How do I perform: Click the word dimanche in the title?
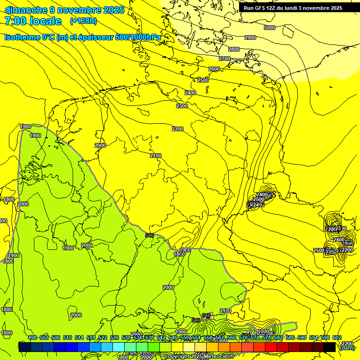point(26,10)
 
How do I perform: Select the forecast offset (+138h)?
point(83,21)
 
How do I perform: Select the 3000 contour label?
point(270,28)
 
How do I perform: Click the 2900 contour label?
point(250,37)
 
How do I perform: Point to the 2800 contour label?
point(234,49)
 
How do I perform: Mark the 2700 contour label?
point(225,59)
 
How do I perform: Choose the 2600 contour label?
point(214,69)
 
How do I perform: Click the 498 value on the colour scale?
point(32,337)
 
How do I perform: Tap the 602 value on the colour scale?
point(337,337)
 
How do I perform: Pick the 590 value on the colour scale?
point(302,337)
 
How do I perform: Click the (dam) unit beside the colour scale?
point(346,348)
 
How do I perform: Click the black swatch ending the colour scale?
point(330,347)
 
